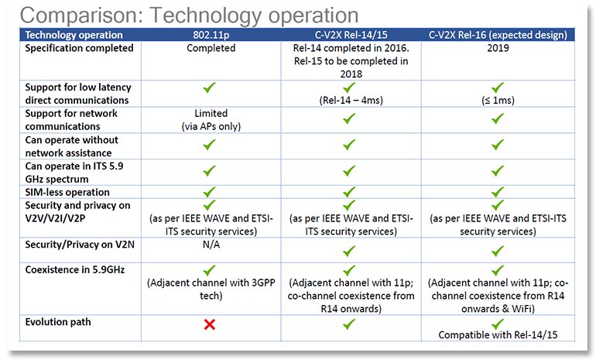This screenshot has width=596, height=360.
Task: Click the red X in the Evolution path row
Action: pyautogui.click(x=210, y=324)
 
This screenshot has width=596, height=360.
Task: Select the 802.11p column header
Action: pyautogui.click(x=211, y=35)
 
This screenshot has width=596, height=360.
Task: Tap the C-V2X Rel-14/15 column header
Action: pyautogui.click(x=351, y=35)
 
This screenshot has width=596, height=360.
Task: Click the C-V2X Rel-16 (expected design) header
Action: pyautogui.click(x=498, y=35)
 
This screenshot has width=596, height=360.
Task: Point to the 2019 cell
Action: pyautogui.click(x=498, y=48)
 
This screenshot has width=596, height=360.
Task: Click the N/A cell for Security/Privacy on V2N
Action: pyautogui.click(x=211, y=245)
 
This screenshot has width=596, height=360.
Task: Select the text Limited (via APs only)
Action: pyautogui.click(x=211, y=120)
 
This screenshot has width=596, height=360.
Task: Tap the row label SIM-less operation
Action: pyautogui.click(x=67, y=192)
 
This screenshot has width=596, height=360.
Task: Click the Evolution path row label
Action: pyautogui.click(x=58, y=322)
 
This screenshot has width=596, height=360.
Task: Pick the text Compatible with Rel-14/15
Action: pyautogui.click(x=498, y=335)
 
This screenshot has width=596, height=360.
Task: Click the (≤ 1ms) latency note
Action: pyautogui.click(x=498, y=101)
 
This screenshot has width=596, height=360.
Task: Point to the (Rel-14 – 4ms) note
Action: pyautogui.click(x=351, y=101)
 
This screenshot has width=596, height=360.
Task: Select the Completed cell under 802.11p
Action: pyautogui.click(x=211, y=48)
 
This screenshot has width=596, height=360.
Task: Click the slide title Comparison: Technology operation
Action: pyautogui.click(x=189, y=15)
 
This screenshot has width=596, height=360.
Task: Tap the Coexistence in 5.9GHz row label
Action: pyautogui.click(x=75, y=269)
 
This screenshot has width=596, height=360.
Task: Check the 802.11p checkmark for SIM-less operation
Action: pyautogui.click(x=209, y=192)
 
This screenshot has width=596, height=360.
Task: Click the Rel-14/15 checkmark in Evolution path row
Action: pyautogui.click(x=349, y=324)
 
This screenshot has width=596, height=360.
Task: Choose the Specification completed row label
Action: pyautogui.click(x=79, y=48)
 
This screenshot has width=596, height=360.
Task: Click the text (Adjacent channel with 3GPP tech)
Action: pyautogui.click(x=211, y=289)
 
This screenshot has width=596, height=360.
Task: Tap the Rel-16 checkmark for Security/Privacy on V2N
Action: pyautogui.click(x=497, y=251)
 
